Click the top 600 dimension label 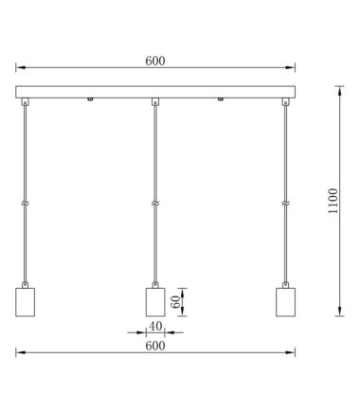click(x=155, y=61)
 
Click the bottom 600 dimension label click(x=155, y=346)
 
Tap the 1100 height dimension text click(x=333, y=201)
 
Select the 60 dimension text click(x=175, y=302)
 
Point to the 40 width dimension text click(x=155, y=326)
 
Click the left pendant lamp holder click(x=25, y=302)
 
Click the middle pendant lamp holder click(x=155, y=302)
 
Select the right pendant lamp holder click(x=285, y=302)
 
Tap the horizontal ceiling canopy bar click(x=155, y=92)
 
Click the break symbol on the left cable click(x=25, y=203)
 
